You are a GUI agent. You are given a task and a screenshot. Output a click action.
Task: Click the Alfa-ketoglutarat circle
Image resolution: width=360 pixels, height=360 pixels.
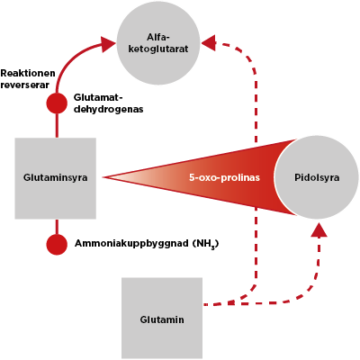point(158,42)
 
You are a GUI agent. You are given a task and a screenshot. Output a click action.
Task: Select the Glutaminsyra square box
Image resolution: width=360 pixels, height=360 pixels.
point(56,178)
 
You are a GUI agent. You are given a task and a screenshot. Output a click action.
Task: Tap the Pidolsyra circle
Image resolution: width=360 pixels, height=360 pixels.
point(316,177)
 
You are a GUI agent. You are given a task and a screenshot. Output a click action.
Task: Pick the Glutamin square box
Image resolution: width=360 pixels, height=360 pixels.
point(162,319)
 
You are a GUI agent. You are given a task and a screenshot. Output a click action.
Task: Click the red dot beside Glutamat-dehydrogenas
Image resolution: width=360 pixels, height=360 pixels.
point(57,103)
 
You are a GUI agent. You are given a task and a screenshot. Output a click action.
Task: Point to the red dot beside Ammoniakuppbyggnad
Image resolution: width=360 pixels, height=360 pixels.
point(57,245)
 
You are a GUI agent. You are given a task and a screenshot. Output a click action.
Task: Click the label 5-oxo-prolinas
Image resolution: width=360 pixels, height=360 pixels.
point(224,177)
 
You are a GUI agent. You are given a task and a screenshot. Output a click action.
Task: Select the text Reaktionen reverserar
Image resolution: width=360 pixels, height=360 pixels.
point(28,79)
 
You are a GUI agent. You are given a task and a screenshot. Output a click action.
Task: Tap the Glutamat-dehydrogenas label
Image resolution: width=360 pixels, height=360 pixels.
point(108,103)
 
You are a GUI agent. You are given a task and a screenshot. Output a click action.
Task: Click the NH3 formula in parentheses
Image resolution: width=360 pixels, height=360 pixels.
point(205,244)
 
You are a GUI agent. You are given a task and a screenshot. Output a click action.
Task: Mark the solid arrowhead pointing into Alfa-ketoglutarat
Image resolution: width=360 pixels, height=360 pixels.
point(108,44)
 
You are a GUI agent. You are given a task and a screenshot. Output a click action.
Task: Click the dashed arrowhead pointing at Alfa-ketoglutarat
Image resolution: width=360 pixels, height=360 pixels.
point(208,42)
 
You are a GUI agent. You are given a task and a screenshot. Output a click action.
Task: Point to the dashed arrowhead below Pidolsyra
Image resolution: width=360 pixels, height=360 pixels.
point(319,229)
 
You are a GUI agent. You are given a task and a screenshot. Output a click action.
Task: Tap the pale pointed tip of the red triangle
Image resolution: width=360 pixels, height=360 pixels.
point(103,177)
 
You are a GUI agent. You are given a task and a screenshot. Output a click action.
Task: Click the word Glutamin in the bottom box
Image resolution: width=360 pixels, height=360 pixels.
point(162,319)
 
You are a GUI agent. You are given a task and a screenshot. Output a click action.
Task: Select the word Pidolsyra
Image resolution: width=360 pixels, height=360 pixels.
point(317,177)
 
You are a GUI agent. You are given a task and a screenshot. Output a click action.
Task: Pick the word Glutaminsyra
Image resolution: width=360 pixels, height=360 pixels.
point(56,177)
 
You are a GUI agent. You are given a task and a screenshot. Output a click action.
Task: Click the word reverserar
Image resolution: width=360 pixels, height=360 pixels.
point(24,85)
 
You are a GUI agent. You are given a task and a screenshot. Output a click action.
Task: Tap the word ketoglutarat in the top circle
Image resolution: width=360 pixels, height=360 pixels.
point(158,49)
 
